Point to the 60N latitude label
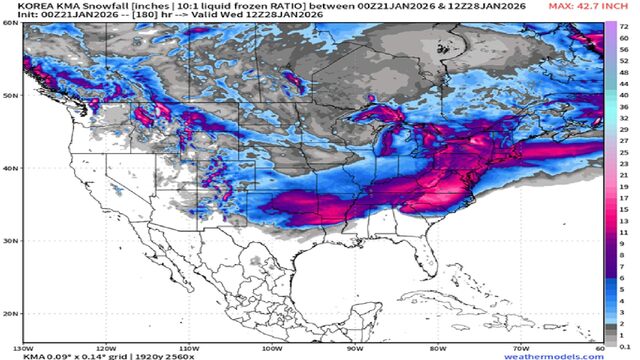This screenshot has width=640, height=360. point(10,23)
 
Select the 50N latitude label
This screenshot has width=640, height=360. point(10,96)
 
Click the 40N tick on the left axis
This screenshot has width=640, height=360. point(10,169)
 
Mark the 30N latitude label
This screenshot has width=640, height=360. point(10,242)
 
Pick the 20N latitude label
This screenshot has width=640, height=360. point(10,314)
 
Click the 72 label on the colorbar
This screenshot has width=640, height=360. point(624,22)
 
